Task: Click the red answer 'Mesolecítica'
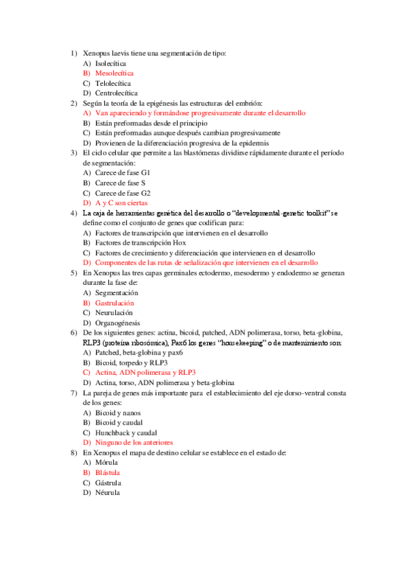click(x=114, y=72)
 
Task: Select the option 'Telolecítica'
click(x=113, y=82)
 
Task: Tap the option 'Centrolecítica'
click(x=116, y=93)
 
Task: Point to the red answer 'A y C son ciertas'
click(x=121, y=203)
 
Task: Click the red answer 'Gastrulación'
click(x=114, y=303)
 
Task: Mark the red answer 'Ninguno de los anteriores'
click(x=134, y=442)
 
